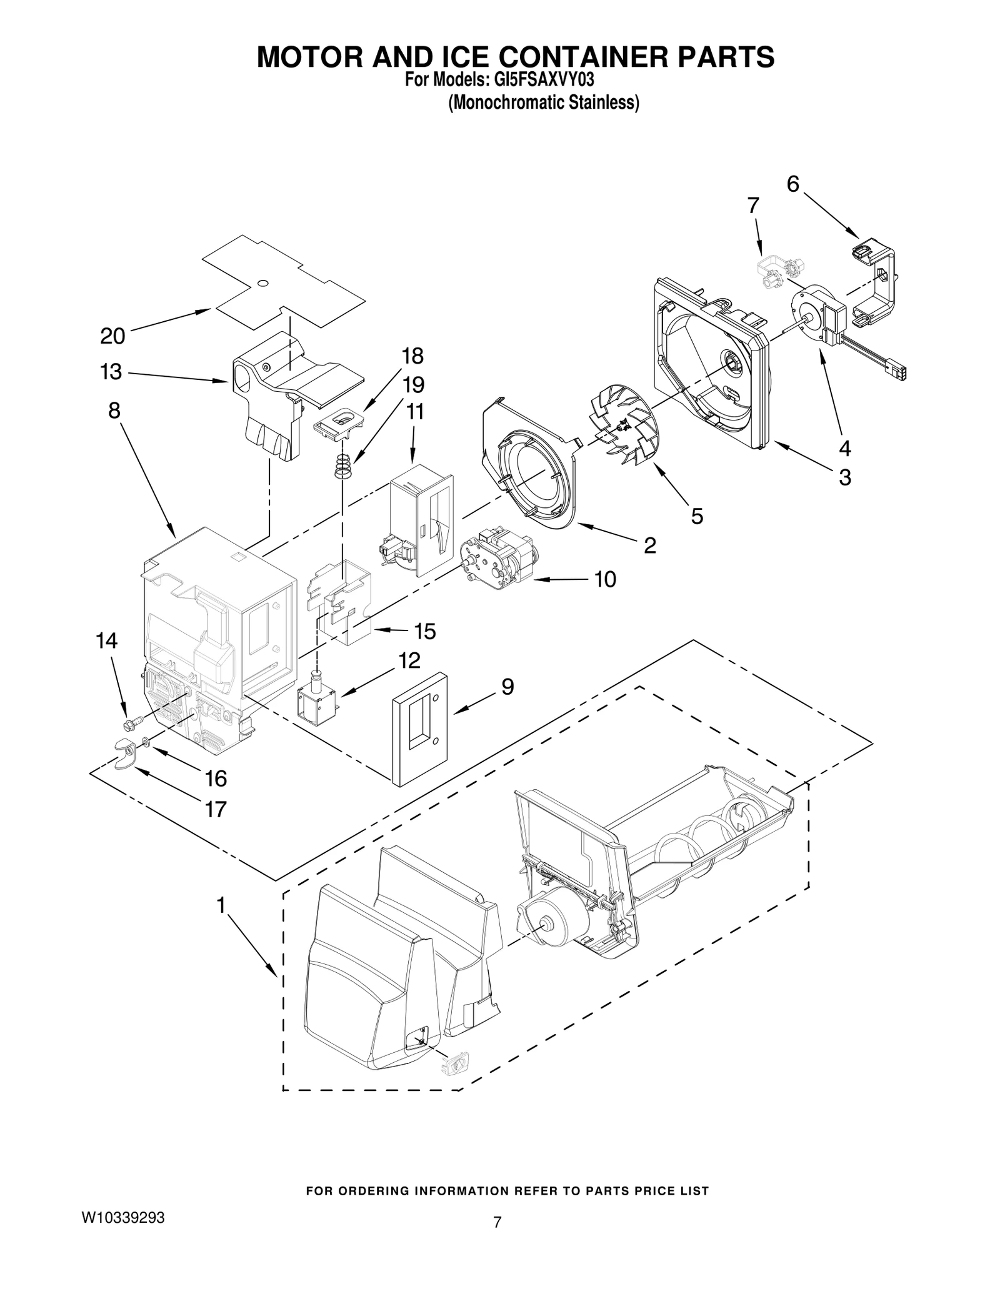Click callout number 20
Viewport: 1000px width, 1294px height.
tap(112, 336)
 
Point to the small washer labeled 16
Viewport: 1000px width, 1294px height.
tap(145, 741)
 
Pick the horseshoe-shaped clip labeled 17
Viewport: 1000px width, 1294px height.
tap(126, 749)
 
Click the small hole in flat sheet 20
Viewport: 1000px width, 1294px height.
tap(263, 283)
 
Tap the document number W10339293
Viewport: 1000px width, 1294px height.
tap(123, 1218)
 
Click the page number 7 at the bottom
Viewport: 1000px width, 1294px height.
tap(497, 1222)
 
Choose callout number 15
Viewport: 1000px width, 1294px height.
tap(425, 631)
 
